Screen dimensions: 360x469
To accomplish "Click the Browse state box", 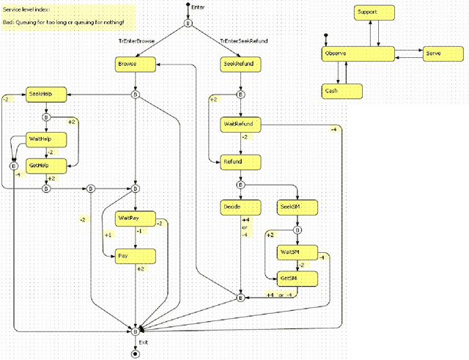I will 136,65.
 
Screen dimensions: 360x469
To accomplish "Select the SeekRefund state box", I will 240,65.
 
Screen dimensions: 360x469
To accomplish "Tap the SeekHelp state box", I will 46,94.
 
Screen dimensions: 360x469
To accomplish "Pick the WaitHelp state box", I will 46,139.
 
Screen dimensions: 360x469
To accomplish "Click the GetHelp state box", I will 46,166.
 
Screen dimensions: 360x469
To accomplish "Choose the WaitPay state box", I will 136,218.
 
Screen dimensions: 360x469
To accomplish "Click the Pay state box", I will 136,256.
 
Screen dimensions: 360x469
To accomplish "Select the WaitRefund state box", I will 240,124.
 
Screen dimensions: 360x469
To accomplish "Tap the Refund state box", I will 240,161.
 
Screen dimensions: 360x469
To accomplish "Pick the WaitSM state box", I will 298,252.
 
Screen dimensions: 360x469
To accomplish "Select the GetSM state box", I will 298,279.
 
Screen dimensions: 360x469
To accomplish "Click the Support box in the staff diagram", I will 374,13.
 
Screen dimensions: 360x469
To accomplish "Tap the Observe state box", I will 358,54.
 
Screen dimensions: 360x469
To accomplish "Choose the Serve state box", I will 441,54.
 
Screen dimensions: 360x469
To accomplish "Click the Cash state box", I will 342,91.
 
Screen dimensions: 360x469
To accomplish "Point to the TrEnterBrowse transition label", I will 136,41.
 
